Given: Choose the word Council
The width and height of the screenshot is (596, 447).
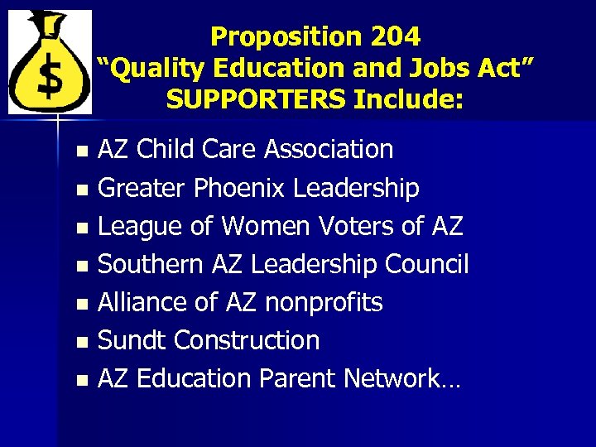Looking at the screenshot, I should [427, 264].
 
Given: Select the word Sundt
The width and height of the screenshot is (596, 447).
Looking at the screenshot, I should [133, 340].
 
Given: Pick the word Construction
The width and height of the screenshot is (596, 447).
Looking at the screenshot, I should [248, 340].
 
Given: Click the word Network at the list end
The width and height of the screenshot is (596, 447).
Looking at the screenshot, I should [392, 378].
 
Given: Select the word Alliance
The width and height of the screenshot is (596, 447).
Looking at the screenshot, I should [140, 302].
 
